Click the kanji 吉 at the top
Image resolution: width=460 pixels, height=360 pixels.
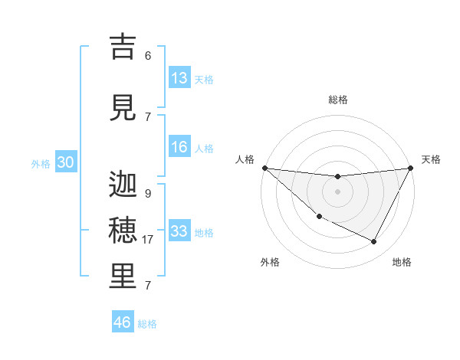point(123,47)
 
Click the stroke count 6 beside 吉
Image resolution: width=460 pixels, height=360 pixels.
point(148,55)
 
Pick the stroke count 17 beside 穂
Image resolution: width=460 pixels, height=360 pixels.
point(148,240)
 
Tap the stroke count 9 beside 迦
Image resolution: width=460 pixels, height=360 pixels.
point(148,194)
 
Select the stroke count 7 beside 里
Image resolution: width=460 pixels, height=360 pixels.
point(148,286)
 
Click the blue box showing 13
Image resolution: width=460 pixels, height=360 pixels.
point(179,78)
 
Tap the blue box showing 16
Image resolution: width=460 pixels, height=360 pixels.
point(179,147)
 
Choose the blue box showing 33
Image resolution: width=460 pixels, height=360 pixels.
point(179,231)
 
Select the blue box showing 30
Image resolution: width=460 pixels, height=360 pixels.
point(65,162)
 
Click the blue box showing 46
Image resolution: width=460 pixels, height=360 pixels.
point(123,322)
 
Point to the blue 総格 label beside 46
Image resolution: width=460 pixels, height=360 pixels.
point(147,324)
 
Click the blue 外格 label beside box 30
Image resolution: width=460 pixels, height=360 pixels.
point(41,164)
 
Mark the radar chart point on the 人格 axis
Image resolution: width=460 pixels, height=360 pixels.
point(264,168)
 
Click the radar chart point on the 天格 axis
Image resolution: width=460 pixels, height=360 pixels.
point(411,168)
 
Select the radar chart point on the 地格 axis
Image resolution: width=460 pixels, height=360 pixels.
point(374,242)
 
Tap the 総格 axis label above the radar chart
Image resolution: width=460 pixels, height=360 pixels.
point(337,100)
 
